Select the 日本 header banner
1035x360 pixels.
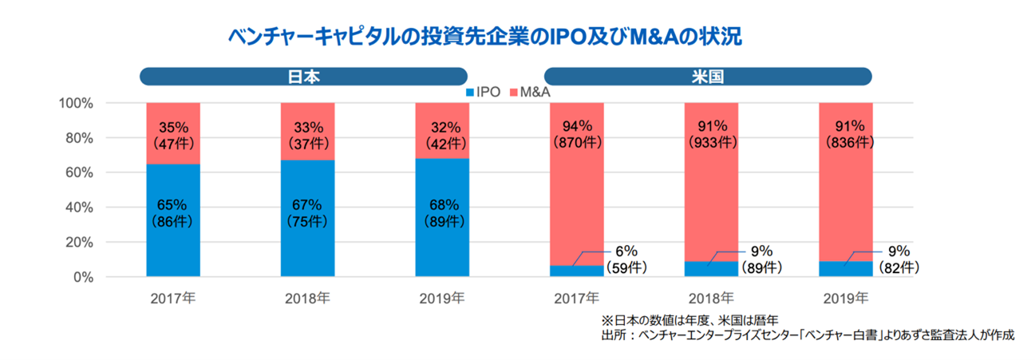coord(303,77)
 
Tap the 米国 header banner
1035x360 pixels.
coord(708,77)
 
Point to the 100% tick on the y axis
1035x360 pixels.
coord(77,103)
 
